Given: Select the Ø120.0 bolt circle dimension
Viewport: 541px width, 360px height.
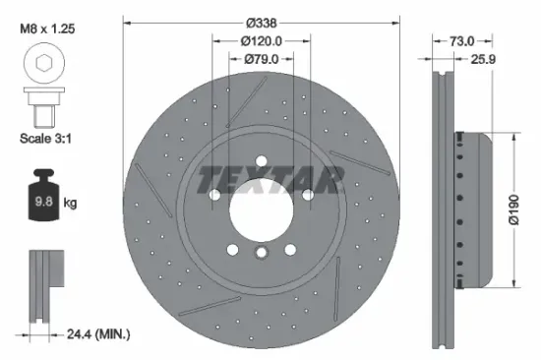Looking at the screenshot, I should (262, 41).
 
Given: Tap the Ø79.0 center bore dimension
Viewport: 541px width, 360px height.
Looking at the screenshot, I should (262, 61).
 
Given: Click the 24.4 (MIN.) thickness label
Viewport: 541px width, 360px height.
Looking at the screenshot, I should (94, 335).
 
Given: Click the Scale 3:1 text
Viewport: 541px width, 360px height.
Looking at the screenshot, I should (42, 139).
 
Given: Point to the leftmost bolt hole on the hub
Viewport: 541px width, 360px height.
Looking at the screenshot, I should (216, 194).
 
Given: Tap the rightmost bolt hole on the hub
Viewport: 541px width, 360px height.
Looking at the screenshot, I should (307, 194).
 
